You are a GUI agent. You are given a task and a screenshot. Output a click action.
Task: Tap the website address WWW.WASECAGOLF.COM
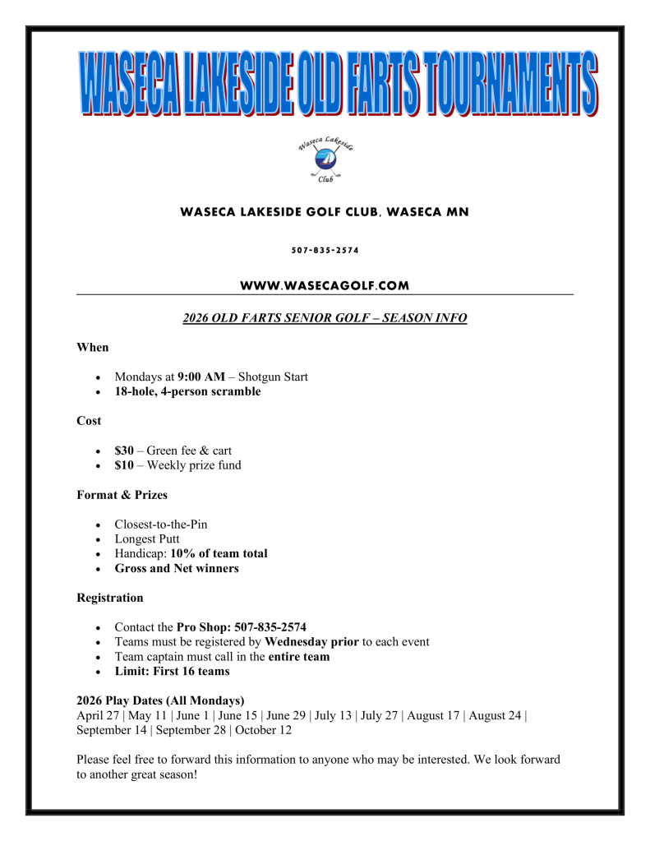pyautogui.click(x=325, y=285)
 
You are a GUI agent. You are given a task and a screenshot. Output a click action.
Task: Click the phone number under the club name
pyautogui.click(x=325, y=250)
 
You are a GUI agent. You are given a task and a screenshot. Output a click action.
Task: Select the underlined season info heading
pyautogui.click(x=325, y=318)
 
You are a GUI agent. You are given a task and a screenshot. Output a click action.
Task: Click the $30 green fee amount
pyautogui.click(x=124, y=451)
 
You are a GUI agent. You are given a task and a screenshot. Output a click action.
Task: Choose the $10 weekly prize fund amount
pyautogui.click(x=124, y=465)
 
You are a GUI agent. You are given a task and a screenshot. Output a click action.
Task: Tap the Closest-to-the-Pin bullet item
pyautogui.click(x=161, y=524)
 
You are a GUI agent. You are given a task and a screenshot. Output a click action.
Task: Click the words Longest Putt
pyautogui.click(x=147, y=538)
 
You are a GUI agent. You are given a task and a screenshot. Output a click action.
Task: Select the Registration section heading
pyautogui.click(x=110, y=598)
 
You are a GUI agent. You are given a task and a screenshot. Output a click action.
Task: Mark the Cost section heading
pyautogui.click(x=89, y=421)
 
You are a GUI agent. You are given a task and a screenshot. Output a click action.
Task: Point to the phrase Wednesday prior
pyautogui.click(x=312, y=642)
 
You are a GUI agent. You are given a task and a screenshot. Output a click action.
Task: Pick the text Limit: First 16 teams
pyautogui.click(x=172, y=672)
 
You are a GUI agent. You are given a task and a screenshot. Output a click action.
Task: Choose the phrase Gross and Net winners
pyautogui.click(x=177, y=568)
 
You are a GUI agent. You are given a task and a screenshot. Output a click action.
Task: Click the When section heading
pyautogui.click(x=92, y=347)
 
